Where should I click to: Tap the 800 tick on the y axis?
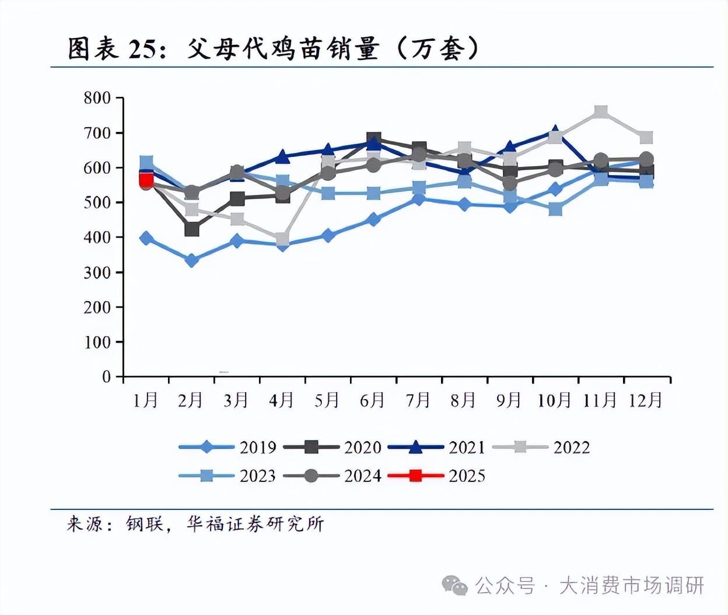pos(97,98)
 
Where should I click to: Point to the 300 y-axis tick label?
pos(97,272)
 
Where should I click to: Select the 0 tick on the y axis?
pos(106,377)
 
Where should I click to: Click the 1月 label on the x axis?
pos(145,400)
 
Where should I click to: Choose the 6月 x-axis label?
pos(372,400)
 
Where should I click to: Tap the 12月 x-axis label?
pos(645,400)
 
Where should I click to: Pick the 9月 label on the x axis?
pos(509,400)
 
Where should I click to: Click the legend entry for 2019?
pos(228,448)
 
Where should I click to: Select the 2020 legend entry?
pos(332,448)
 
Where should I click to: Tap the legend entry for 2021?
pos(437,448)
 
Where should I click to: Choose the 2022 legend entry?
pos(542,448)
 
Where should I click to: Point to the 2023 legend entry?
pos(228,476)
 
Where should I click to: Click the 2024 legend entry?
pos(332,476)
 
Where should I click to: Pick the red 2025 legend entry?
pos(437,476)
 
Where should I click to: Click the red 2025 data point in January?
pos(146,180)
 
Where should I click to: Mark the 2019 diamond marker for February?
pos(191,260)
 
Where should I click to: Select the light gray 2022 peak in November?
pos(601,112)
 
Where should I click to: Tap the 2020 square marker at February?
pos(191,229)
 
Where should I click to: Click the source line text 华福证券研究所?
pos(255,524)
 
